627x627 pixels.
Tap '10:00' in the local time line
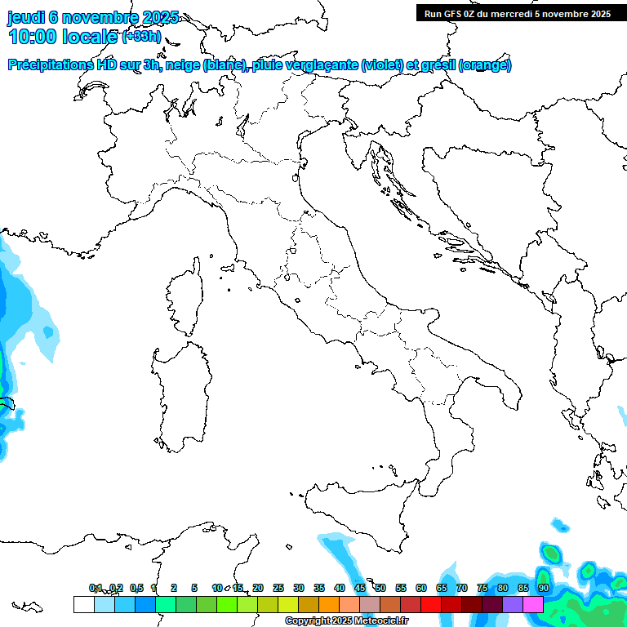34,37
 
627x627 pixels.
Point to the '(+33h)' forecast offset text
141,37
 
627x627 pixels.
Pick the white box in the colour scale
83,604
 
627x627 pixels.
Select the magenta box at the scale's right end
533,604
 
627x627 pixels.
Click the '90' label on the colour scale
543,588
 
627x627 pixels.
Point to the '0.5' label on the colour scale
136,588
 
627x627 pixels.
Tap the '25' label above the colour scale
278,588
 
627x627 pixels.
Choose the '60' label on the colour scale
421,588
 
